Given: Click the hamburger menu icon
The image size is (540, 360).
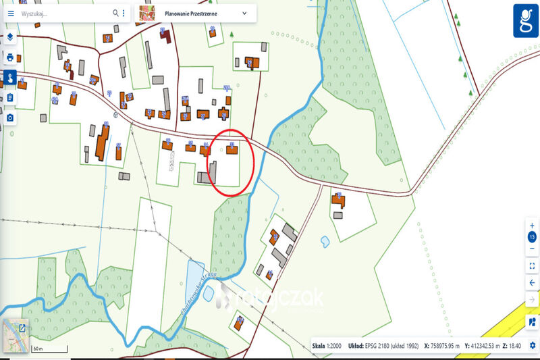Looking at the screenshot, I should pyautogui.click(x=10, y=14).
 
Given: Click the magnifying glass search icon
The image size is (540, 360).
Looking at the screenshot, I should pyautogui.click(x=114, y=14).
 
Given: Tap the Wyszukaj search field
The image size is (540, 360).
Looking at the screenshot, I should pyautogui.click(x=61, y=14).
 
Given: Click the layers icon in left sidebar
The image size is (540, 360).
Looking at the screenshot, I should pyautogui.click(x=10, y=37).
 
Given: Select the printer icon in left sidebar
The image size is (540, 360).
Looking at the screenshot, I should pyautogui.click(x=10, y=57).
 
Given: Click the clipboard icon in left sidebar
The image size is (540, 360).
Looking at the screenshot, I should pyautogui.click(x=10, y=98).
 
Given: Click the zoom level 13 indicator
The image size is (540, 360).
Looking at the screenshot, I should pyautogui.click(x=532, y=237).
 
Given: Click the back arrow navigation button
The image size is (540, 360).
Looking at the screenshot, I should pyautogui.click(x=532, y=282).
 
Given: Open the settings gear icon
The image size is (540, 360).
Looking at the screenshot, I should pyautogui.click(x=532, y=346).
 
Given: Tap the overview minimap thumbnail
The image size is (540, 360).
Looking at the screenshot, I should pyautogui.click(x=16, y=336).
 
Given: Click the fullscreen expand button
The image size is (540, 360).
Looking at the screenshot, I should pyautogui.click(x=532, y=265).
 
